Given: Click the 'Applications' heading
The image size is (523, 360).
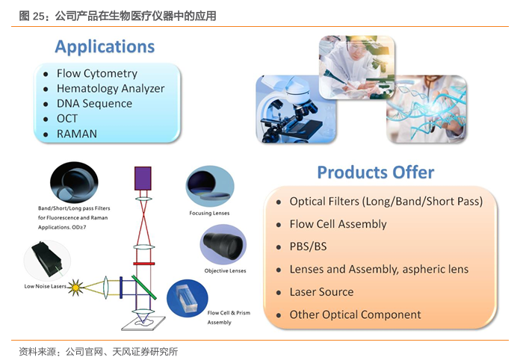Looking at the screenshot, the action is [x=105, y=46].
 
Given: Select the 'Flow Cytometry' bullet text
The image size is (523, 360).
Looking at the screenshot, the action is [x=96, y=73].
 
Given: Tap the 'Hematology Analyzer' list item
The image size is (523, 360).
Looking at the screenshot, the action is [x=111, y=88].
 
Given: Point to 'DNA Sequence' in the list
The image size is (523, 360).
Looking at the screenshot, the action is [x=94, y=103].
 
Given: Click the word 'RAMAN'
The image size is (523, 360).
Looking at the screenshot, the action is [x=77, y=134].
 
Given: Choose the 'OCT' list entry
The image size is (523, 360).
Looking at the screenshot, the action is [x=67, y=118].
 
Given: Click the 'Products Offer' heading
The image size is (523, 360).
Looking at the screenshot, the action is [x=376, y=173].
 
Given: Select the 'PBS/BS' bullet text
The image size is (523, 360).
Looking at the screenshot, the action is [x=308, y=246].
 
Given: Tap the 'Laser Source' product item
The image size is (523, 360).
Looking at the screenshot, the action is [x=321, y=292].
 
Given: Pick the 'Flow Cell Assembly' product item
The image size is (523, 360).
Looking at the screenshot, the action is [x=338, y=224].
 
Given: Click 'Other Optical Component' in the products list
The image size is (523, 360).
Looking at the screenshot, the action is [x=355, y=314].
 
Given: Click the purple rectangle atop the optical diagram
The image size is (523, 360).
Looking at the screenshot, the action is [x=143, y=179].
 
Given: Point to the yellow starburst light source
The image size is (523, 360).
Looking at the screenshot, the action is [x=75, y=287].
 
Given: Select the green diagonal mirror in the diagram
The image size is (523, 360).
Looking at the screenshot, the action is [x=143, y=288].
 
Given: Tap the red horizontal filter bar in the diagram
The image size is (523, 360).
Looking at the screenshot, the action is [x=143, y=264].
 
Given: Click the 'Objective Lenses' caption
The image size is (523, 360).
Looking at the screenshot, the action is [x=225, y=270].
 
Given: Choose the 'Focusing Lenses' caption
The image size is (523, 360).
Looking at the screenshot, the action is [x=209, y=213].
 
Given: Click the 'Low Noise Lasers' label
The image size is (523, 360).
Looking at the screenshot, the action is [x=45, y=286].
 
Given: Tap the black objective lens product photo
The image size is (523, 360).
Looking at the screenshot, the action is [x=223, y=245].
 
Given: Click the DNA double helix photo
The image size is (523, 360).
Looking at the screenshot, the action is [x=427, y=108].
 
